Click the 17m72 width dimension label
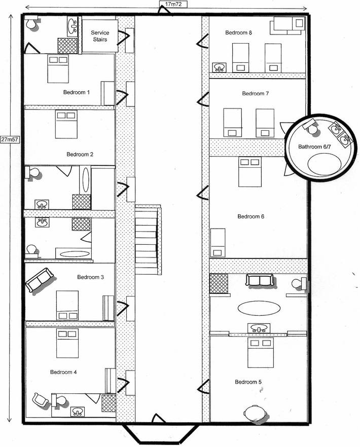pos(173,4)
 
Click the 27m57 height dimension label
pos(10,140)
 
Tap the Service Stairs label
pos(100,36)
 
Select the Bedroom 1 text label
pos(77,92)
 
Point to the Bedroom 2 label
pos(80,154)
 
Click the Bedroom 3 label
pos(90,277)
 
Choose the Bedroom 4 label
pos(63,372)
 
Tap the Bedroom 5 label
pos(248,382)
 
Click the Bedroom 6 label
pos(251,216)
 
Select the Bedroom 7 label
pos(256,93)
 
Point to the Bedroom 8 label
pos(238,32)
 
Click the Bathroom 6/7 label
pos(314,146)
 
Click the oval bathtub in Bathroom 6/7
pos(325,164)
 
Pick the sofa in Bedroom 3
pos(40,280)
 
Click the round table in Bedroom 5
pos(255,413)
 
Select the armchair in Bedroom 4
pos(41,400)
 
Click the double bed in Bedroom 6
pos(249,172)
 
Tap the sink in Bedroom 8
pos(220,67)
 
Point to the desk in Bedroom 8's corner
pos(288,26)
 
